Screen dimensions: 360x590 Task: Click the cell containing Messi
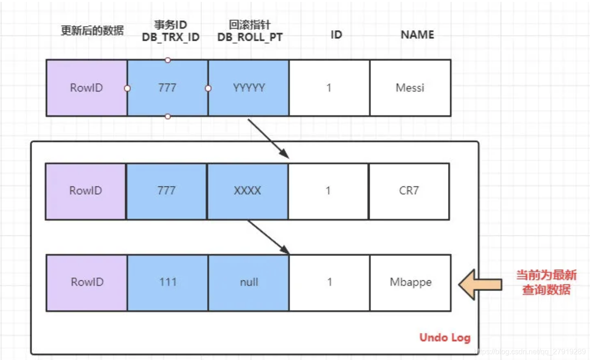(410, 87)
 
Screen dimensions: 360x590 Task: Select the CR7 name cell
(409, 191)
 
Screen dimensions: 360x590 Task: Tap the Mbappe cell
(410, 282)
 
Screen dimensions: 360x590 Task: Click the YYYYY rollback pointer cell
(248, 87)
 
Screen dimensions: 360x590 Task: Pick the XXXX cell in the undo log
(247, 191)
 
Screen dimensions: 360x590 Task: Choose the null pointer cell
(249, 282)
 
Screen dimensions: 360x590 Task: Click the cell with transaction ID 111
(168, 282)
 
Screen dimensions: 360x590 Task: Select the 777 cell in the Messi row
(167, 87)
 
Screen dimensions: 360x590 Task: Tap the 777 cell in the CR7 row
(166, 191)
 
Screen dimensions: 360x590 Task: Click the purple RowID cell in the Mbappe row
(87, 282)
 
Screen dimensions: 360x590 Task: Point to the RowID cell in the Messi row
(87, 87)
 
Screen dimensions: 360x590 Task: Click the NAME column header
(417, 35)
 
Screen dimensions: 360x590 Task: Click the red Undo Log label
(445, 338)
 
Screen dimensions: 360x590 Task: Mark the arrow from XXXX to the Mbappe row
(268, 237)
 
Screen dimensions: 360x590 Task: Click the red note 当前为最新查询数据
(546, 282)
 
